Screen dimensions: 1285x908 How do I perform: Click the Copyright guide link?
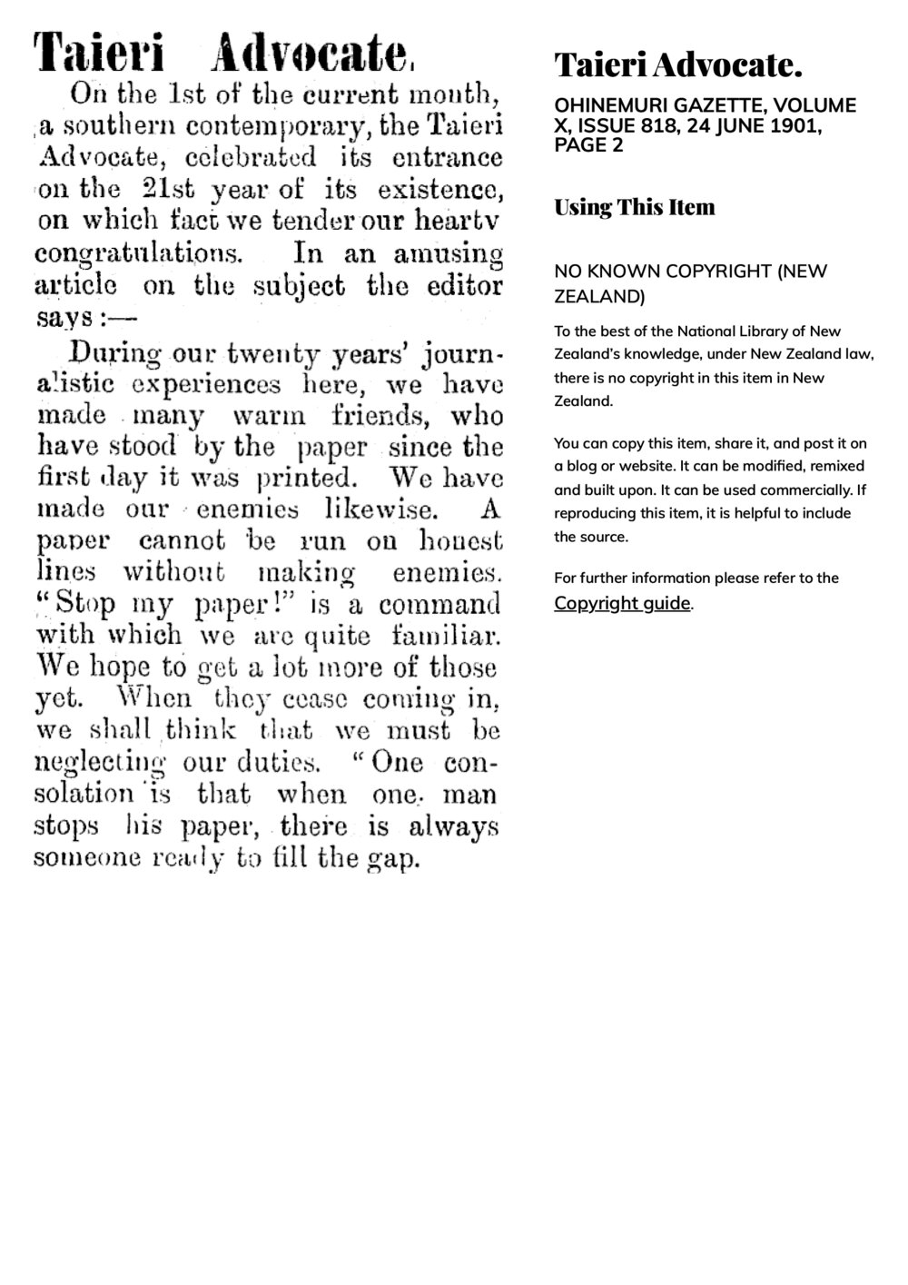click(622, 603)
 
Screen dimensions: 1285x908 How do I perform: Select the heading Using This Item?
click(635, 207)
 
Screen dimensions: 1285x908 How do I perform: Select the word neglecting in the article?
click(100, 763)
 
